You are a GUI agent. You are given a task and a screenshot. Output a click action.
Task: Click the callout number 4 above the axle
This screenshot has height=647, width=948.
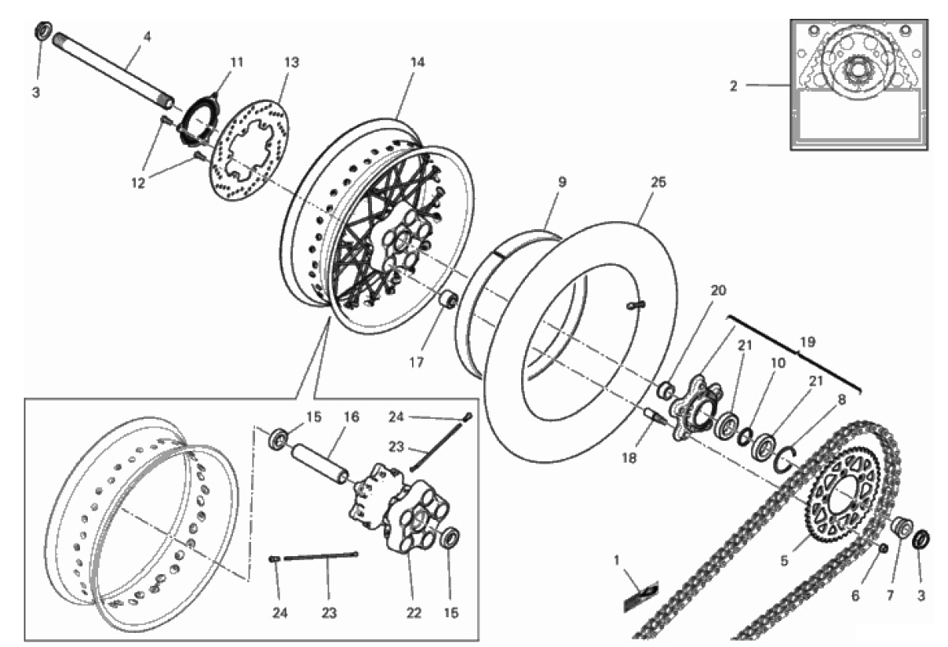(x=147, y=37)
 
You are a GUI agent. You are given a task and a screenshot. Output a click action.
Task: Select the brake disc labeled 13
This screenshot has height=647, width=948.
(x=250, y=150)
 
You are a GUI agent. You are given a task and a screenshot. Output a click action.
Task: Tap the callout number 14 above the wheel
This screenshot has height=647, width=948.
(x=417, y=62)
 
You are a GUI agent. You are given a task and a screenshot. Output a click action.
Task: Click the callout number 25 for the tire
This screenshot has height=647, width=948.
(x=658, y=182)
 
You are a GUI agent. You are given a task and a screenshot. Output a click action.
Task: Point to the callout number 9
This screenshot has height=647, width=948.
(x=562, y=182)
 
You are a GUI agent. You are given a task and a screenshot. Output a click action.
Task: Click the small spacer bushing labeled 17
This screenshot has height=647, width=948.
(x=448, y=300)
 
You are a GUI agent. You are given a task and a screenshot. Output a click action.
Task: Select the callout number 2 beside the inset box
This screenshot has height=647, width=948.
(x=734, y=86)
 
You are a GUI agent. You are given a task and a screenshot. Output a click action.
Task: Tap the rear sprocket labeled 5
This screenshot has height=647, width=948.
(x=844, y=501)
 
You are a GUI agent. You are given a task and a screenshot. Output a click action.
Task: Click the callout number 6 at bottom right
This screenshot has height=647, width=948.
(x=855, y=596)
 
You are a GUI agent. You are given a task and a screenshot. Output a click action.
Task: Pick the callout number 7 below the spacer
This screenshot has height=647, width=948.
(x=890, y=596)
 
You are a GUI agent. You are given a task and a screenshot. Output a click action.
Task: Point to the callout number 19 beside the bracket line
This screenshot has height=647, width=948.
(x=808, y=342)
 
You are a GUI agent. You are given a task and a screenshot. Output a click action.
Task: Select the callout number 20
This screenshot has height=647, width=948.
(x=718, y=290)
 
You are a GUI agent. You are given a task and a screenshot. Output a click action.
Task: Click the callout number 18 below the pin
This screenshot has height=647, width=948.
(x=629, y=458)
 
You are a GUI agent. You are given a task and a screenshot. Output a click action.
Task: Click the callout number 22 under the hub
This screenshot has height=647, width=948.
(x=414, y=612)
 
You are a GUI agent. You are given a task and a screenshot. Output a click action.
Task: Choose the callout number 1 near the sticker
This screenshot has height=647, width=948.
(x=616, y=561)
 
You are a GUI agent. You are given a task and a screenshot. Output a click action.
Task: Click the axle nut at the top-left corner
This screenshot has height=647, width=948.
(x=43, y=31)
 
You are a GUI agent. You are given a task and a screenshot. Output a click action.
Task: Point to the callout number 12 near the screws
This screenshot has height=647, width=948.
(x=138, y=183)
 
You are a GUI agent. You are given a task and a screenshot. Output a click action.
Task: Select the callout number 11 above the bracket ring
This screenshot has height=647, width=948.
(x=236, y=62)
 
